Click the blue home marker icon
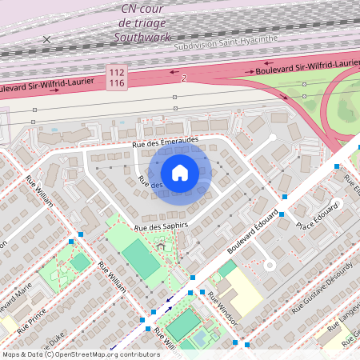pyautogui.click(x=180, y=172)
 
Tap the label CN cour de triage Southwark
pyautogui.click(x=143, y=22)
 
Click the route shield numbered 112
pyautogui.click(x=117, y=72)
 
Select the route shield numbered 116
pyautogui.click(x=117, y=82)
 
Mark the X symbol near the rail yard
pyautogui.click(x=46, y=39)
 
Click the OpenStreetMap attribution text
pyautogui.click(x=80, y=354)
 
